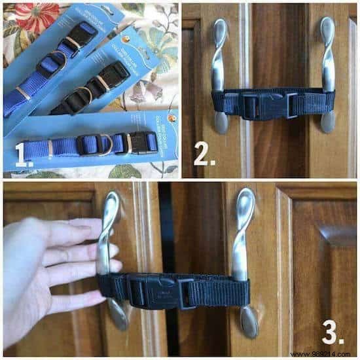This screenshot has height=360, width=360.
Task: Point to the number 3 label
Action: point(334,332)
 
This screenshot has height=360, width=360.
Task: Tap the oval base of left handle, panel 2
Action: point(222,123)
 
